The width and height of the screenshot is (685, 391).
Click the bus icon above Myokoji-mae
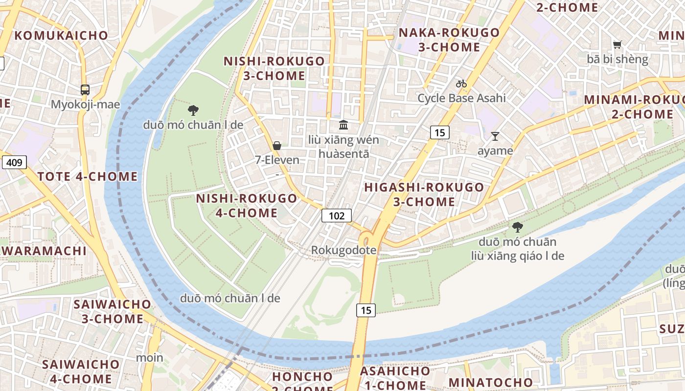85,89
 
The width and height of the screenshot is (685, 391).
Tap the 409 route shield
14,162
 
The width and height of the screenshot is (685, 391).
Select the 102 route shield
337,216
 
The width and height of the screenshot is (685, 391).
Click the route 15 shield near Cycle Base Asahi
440,132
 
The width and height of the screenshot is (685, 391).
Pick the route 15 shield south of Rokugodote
365,309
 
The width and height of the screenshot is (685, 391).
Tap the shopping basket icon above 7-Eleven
277,146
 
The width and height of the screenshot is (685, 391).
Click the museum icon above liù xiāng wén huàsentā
343,125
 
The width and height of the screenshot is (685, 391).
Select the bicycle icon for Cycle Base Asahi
461,84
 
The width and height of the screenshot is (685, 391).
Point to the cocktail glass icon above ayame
495,136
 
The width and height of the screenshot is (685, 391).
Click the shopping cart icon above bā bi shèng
617,44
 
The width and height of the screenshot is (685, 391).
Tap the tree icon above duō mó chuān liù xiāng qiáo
517,227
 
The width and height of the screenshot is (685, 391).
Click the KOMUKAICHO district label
61,35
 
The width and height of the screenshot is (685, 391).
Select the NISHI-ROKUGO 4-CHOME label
247,205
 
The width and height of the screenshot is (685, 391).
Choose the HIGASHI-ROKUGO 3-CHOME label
424,194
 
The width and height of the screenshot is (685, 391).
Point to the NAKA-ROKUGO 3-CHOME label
449,40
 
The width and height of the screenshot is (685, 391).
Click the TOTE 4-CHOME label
88,176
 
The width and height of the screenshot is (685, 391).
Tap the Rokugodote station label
344,250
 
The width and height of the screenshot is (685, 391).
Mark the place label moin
150,357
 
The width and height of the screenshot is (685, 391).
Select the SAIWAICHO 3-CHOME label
112,311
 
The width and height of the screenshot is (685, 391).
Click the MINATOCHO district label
490,382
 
